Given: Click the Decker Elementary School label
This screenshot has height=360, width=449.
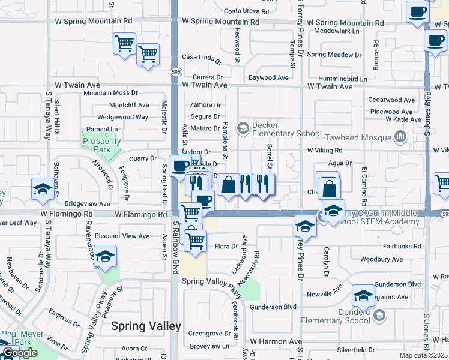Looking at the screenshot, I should pyautogui.click(x=287, y=129).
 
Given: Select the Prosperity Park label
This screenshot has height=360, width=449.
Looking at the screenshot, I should pyautogui.click(x=101, y=145).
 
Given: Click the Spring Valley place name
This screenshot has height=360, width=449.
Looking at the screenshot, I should pyautogui.click(x=146, y=326).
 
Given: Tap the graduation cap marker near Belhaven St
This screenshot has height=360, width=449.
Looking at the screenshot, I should pyautogui.click(x=41, y=190).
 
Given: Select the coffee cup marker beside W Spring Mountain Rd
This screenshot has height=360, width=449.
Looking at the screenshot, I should pyautogui.click(x=417, y=12).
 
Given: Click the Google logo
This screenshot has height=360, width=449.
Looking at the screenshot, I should pyautogui.click(x=20, y=353).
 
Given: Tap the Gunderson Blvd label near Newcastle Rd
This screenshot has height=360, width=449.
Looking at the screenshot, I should pyautogui.click(x=274, y=307).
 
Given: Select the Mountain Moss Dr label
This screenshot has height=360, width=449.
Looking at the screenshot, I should pyautogui.click(x=110, y=93).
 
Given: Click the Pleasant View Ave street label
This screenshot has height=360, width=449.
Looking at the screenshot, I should pyautogui.click(x=122, y=236).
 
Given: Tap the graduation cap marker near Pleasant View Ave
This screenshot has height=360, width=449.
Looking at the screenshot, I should pyautogui.click(x=105, y=256).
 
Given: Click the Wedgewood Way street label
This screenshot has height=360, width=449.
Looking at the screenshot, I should pyautogui.click(x=122, y=117).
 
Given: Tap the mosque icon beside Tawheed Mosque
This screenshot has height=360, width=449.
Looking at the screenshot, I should pyautogui.click(x=400, y=138).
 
